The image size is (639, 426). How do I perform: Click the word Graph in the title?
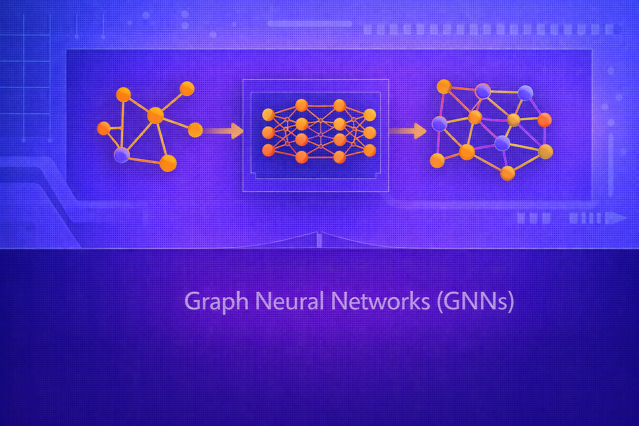pyautogui.click(x=216, y=302)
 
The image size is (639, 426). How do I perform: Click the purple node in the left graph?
pyautogui.click(x=122, y=155)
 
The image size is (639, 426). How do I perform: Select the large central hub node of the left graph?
pyautogui.click(x=156, y=116)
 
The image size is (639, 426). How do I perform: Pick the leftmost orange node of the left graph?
pyautogui.click(x=104, y=128)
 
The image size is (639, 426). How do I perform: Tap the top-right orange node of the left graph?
pyautogui.click(x=187, y=89)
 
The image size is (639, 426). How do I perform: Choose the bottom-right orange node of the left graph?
pyautogui.click(x=168, y=163)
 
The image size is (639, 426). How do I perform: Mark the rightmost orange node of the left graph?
pyautogui.click(x=195, y=130)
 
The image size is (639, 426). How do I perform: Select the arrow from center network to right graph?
pyautogui.click(x=408, y=131)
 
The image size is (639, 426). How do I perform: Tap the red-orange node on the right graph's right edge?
pyautogui.click(x=545, y=120)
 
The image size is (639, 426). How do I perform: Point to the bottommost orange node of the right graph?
pyautogui.click(x=508, y=173)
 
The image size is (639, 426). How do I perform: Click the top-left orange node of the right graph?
pyautogui.click(x=444, y=87)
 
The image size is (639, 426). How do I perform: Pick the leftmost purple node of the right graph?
pyautogui.click(x=439, y=124)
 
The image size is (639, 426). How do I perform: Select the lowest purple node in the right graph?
pyautogui.click(x=503, y=143)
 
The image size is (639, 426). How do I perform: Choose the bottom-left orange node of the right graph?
pyautogui.click(x=437, y=161)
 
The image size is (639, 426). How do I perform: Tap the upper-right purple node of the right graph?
pyautogui.click(x=525, y=93)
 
